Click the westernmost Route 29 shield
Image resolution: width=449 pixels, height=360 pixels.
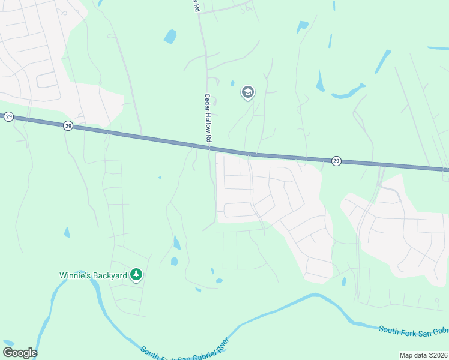8,116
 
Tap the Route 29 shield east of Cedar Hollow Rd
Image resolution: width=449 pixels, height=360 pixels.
336,161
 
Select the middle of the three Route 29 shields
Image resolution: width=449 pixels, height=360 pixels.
68,126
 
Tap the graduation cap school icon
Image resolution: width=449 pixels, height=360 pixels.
247,92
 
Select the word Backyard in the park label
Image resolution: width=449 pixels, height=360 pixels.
109,275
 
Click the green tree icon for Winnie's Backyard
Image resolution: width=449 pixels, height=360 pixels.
137,275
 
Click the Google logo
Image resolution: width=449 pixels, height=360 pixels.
20,353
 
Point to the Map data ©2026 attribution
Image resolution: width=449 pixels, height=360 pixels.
423,355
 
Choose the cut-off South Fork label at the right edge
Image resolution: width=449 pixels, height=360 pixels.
414,331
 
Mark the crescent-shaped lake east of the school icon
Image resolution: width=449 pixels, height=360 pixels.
348,92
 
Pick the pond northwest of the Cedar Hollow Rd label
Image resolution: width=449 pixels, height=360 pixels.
170,37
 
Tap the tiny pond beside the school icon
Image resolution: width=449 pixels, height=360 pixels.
232,83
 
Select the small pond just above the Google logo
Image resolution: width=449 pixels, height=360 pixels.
9,341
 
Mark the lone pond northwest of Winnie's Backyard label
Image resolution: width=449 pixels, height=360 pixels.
67,232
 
